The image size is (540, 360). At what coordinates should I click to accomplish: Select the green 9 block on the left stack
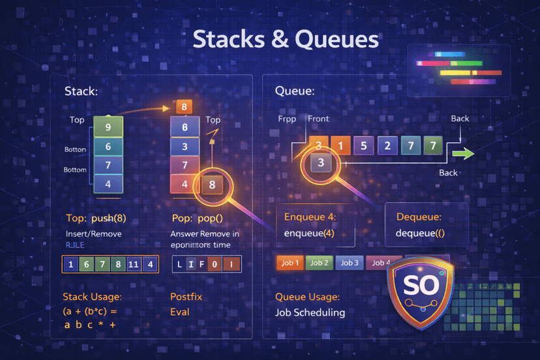[x=108, y=127]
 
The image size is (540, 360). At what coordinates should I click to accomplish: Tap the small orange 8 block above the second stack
[x=185, y=107]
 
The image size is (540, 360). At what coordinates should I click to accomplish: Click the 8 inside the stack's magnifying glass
[x=212, y=185]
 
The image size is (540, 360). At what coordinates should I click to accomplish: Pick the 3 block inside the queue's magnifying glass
[x=320, y=163]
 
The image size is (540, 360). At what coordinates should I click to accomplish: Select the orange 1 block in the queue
[x=340, y=145]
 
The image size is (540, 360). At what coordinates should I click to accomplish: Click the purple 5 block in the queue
[x=363, y=145]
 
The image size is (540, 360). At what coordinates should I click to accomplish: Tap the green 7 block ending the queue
[x=432, y=145]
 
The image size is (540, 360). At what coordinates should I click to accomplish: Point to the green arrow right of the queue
[x=462, y=154]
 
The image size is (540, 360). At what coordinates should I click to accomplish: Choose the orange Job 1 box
[x=290, y=263]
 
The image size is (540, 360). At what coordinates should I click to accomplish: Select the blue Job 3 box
[x=350, y=263]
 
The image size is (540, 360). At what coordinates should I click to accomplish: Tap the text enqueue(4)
[x=309, y=233]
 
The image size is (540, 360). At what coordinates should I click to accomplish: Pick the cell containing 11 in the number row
[x=134, y=264]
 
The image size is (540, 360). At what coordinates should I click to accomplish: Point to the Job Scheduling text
[x=310, y=312]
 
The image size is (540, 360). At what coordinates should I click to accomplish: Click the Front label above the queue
[x=318, y=119]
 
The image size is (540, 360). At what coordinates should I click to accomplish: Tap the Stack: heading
[x=81, y=92]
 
